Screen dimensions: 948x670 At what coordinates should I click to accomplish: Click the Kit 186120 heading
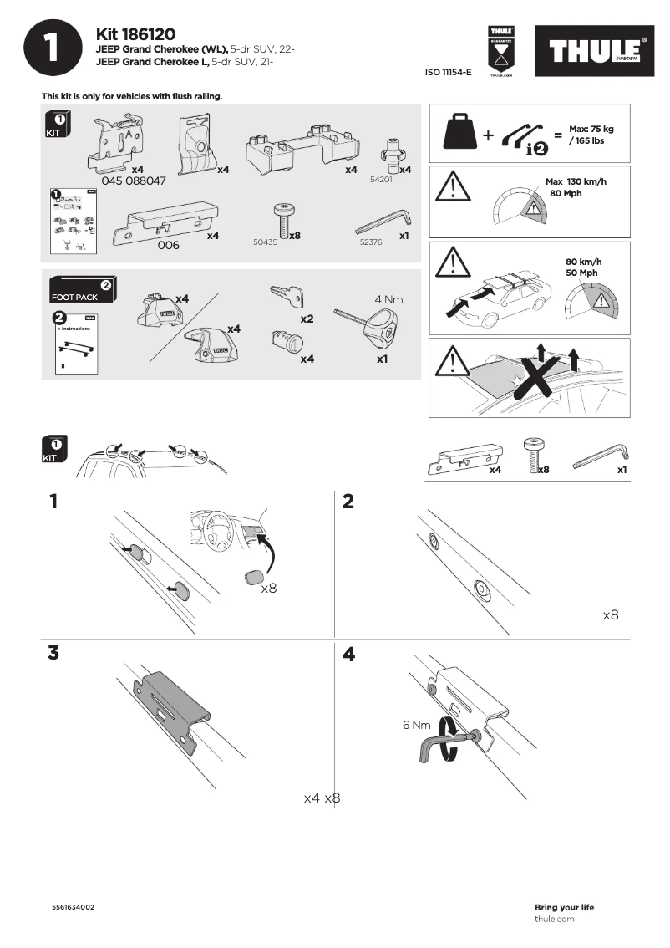click(x=135, y=34)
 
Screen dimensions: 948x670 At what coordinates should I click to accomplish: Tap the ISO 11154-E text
click(x=449, y=73)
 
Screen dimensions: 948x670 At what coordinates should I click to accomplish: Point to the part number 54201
click(x=381, y=179)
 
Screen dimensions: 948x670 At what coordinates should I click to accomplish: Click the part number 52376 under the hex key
click(x=372, y=242)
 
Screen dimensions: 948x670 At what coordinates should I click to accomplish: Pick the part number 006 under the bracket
click(x=169, y=245)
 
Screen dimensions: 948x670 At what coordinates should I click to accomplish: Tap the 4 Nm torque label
click(x=389, y=298)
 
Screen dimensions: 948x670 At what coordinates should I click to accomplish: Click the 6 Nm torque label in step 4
click(x=416, y=724)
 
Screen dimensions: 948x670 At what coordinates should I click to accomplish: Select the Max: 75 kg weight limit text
click(x=591, y=129)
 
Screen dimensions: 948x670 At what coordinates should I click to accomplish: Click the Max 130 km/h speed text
click(x=576, y=181)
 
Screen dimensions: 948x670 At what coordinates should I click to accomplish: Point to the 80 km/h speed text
click(x=583, y=262)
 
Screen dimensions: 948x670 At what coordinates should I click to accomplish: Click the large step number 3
click(x=53, y=654)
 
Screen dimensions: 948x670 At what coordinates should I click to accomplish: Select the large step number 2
click(x=348, y=502)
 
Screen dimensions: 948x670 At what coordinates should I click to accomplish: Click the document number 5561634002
click(x=74, y=907)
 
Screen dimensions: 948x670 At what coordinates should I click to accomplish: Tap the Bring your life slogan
click(x=564, y=907)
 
